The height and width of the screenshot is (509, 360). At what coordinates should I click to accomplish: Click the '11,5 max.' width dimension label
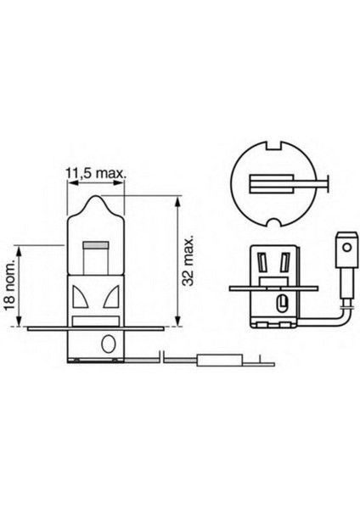pos(96,173)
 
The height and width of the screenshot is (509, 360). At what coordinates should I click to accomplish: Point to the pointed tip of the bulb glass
pos(96,197)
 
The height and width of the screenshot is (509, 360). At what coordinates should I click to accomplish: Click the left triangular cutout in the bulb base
pos(82,298)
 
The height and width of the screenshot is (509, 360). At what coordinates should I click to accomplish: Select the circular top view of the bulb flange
pos(272,182)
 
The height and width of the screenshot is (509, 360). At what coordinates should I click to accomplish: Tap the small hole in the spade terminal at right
pos(346,253)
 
